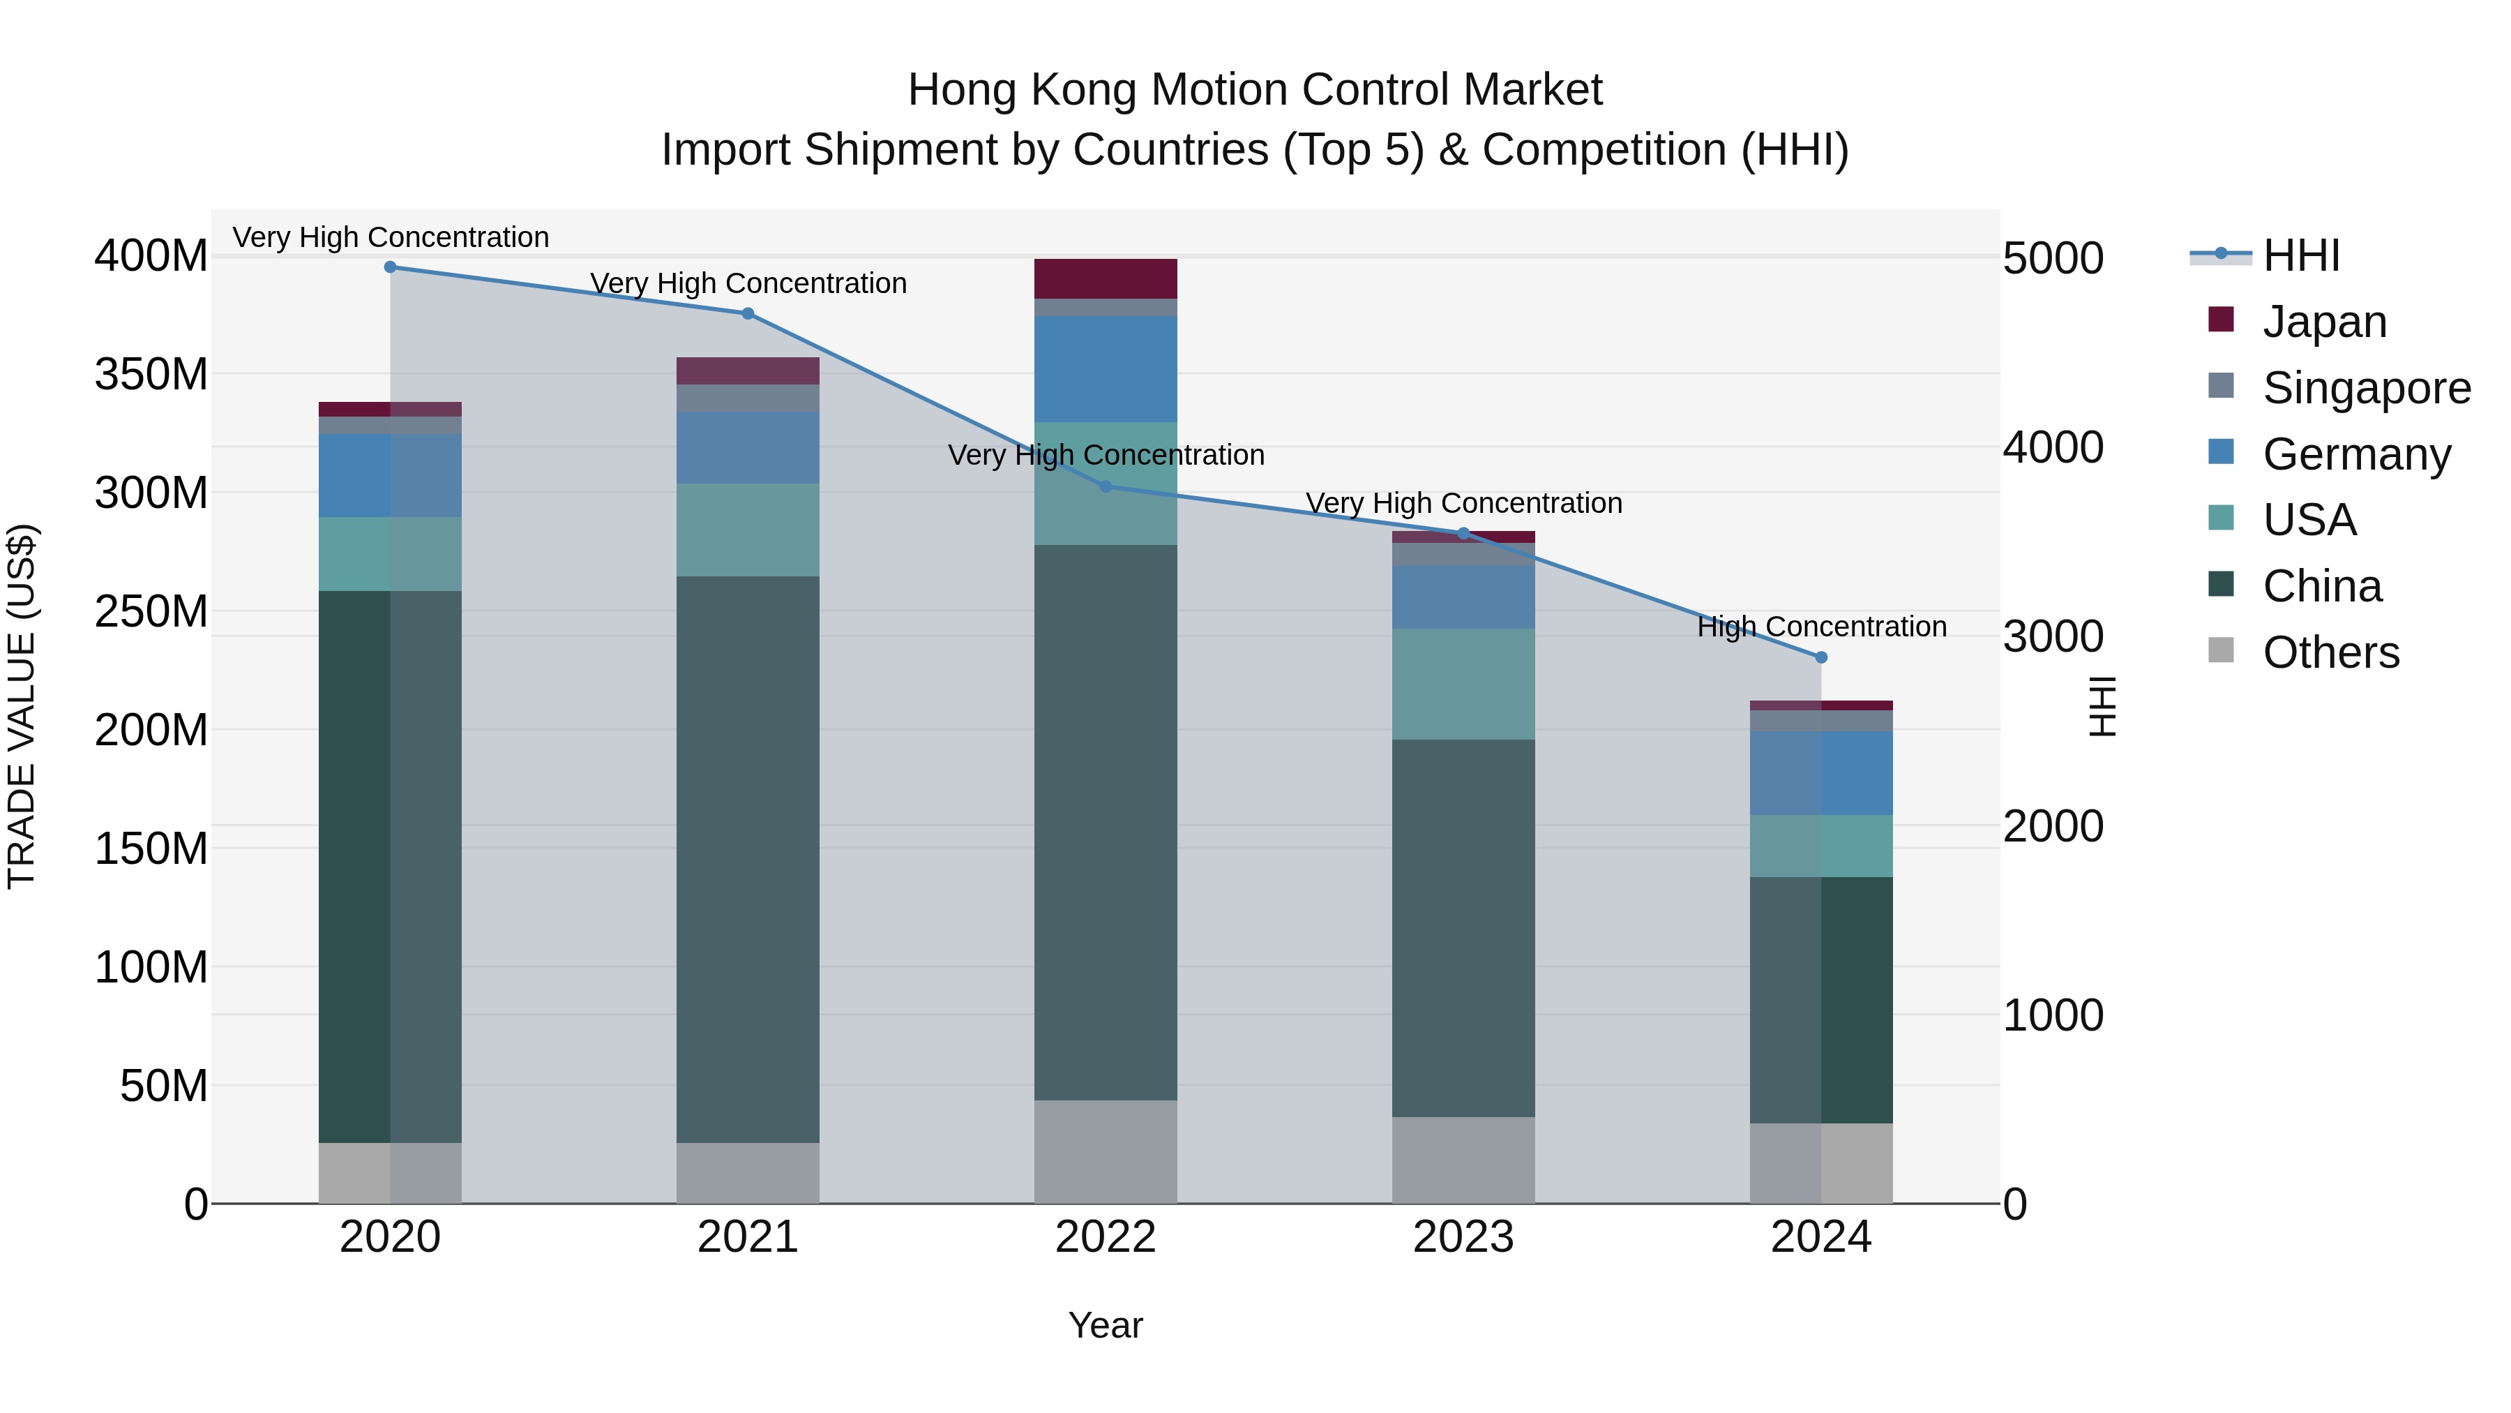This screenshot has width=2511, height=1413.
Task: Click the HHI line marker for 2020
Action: (x=390, y=267)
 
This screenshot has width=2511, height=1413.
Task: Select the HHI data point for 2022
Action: (x=1106, y=486)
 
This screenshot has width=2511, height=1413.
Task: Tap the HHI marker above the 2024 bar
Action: (x=1821, y=657)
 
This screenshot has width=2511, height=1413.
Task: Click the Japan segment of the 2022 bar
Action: (x=1106, y=279)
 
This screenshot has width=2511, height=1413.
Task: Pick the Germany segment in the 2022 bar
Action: (x=1106, y=368)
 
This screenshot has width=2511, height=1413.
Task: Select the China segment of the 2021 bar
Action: (x=748, y=858)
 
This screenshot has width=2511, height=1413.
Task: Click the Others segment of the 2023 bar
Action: (x=1463, y=1160)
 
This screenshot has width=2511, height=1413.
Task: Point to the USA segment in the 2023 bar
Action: (x=1463, y=684)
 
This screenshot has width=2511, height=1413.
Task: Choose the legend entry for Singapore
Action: (x=2367, y=388)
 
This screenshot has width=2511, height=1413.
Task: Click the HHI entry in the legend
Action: (x=2300, y=255)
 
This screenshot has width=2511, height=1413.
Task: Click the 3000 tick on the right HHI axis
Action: (x=2053, y=638)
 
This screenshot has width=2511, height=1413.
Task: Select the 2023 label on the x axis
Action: (x=1463, y=1237)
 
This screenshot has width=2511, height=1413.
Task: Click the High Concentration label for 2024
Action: (x=1821, y=626)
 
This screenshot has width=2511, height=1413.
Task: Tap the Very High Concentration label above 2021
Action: (x=748, y=283)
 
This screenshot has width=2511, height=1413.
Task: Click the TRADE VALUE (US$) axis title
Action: (x=22, y=706)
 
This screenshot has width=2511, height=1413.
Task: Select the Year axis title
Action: (x=1106, y=1325)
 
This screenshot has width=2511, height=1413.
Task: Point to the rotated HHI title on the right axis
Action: (x=2104, y=706)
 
